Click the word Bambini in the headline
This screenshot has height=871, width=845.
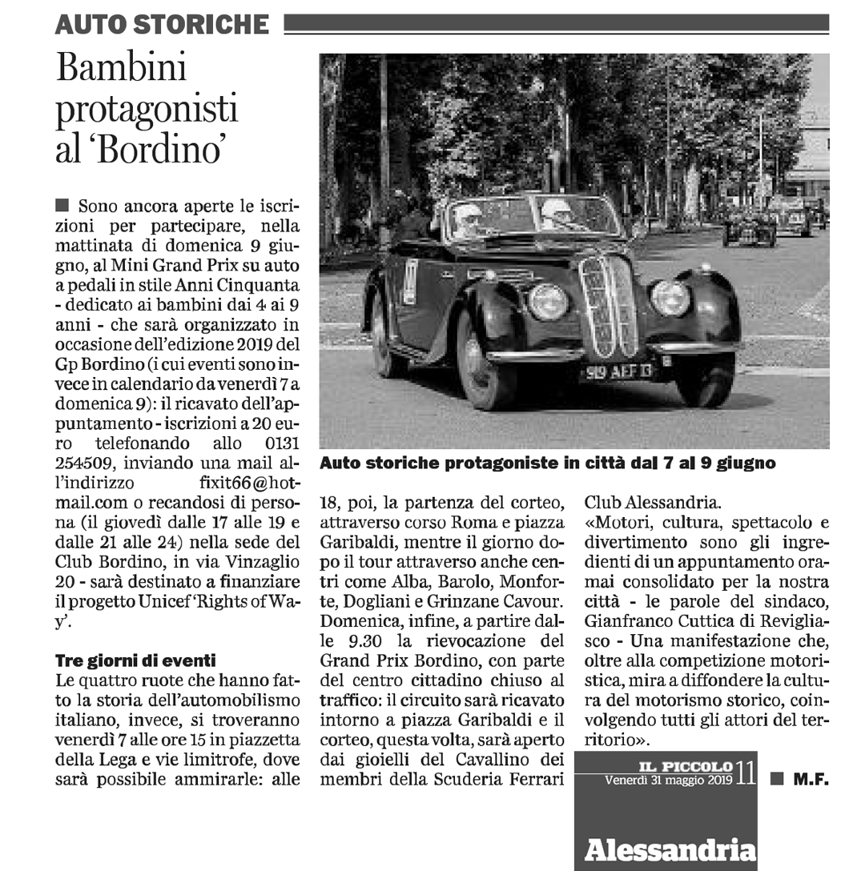[x=121, y=70]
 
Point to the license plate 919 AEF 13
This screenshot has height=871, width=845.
[x=618, y=371]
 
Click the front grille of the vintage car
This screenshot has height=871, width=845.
[x=609, y=306]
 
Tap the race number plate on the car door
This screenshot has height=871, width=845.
[x=411, y=281]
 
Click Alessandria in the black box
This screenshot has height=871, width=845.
[x=670, y=849]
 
